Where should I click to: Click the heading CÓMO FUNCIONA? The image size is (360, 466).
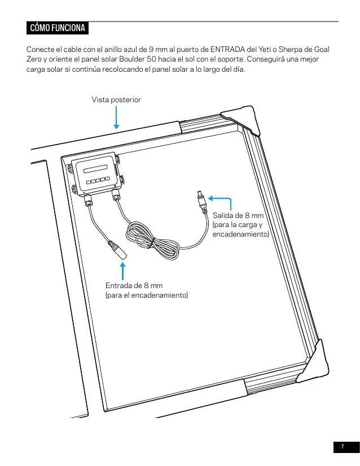coord(58,28)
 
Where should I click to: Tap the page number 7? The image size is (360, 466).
coord(343,447)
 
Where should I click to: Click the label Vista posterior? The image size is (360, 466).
coord(116,99)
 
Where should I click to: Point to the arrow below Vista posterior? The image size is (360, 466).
coord(116,117)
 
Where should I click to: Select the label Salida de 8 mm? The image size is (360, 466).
coord(238,215)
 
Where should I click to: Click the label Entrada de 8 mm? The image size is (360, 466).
coord(134,286)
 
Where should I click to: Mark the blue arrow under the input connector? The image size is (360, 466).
coord(122,271)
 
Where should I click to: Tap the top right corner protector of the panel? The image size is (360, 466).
coord(242,120)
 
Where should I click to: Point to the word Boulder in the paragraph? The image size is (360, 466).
coord(132,59)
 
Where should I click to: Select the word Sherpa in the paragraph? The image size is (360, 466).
coord(289,49)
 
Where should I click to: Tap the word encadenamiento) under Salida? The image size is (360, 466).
coord(241,234)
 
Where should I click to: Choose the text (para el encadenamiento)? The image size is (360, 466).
coord(147,295)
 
